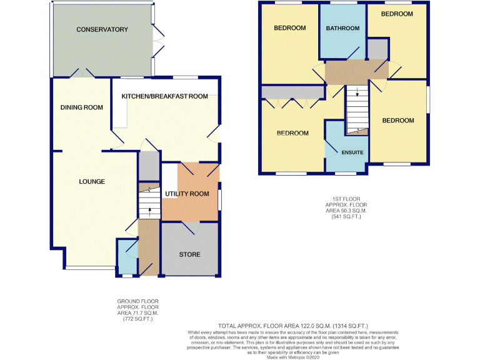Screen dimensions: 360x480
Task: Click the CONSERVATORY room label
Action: pyautogui.click(x=102, y=29)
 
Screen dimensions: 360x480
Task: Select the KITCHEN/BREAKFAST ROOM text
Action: pyautogui.click(x=164, y=96)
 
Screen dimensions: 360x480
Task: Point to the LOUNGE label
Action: pyautogui.click(x=92, y=182)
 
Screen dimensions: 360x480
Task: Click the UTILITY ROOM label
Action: pyautogui.click(x=187, y=194)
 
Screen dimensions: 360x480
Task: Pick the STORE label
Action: pyautogui.click(x=189, y=255)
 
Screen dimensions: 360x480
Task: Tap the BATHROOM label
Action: pyautogui.click(x=342, y=28)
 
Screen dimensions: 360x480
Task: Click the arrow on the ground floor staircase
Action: pyautogui.click(x=149, y=214)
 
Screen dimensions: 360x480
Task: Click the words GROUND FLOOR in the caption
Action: pyautogui.click(x=137, y=301)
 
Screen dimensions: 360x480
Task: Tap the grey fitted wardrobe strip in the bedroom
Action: pyautogui.click(x=293, y=92)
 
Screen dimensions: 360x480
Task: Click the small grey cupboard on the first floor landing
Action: pyautogui.click(x=377, y=48)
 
